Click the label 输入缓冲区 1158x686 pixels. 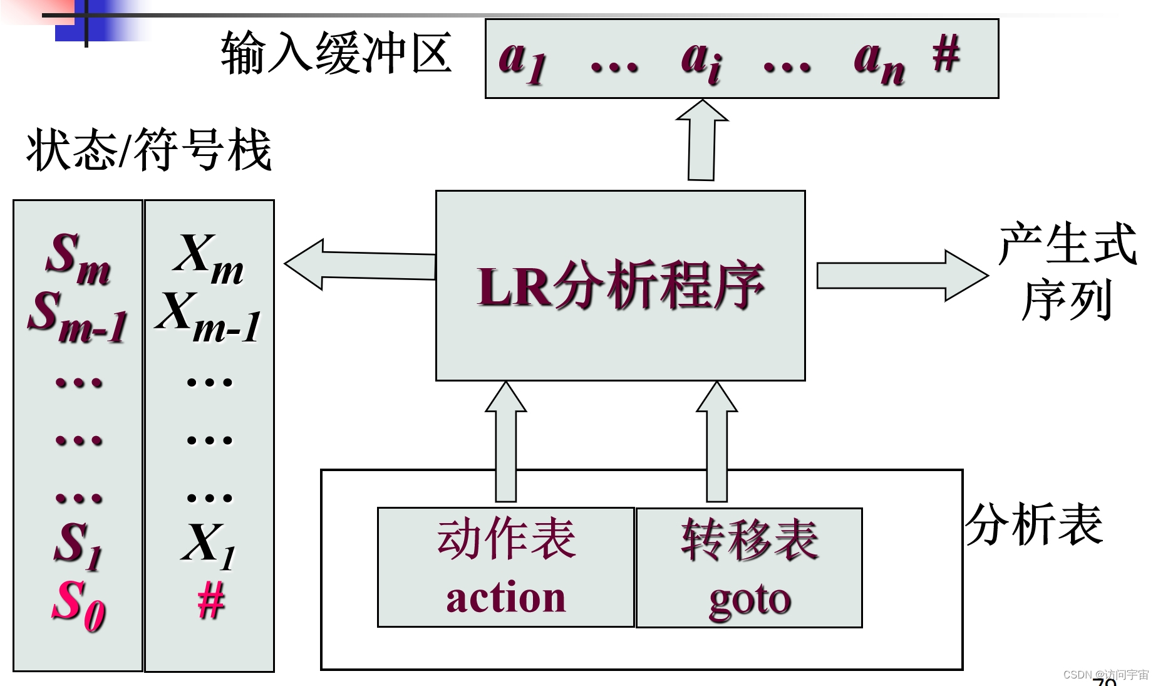click(336, 53)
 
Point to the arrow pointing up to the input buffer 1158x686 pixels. click(701, 141)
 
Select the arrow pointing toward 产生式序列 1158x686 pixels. click(902, 276)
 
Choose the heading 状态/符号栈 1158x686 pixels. click(148, 150)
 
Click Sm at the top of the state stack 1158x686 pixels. click(78, 258)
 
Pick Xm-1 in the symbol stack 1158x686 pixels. click(208, 318)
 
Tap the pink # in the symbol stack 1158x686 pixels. click(210, 600)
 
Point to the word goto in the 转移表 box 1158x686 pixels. click(749, 600)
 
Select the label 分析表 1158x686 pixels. click(1033, 524)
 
